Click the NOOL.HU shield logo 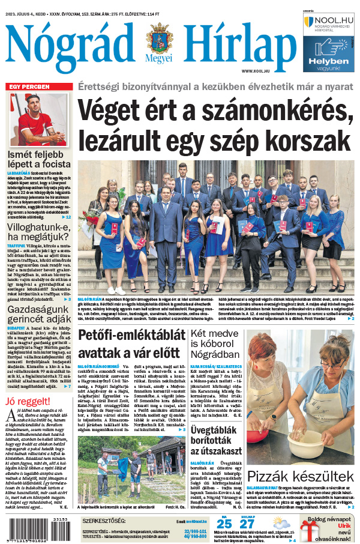point(309,22)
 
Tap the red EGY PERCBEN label point(29,87)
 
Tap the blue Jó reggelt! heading point(26,402)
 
